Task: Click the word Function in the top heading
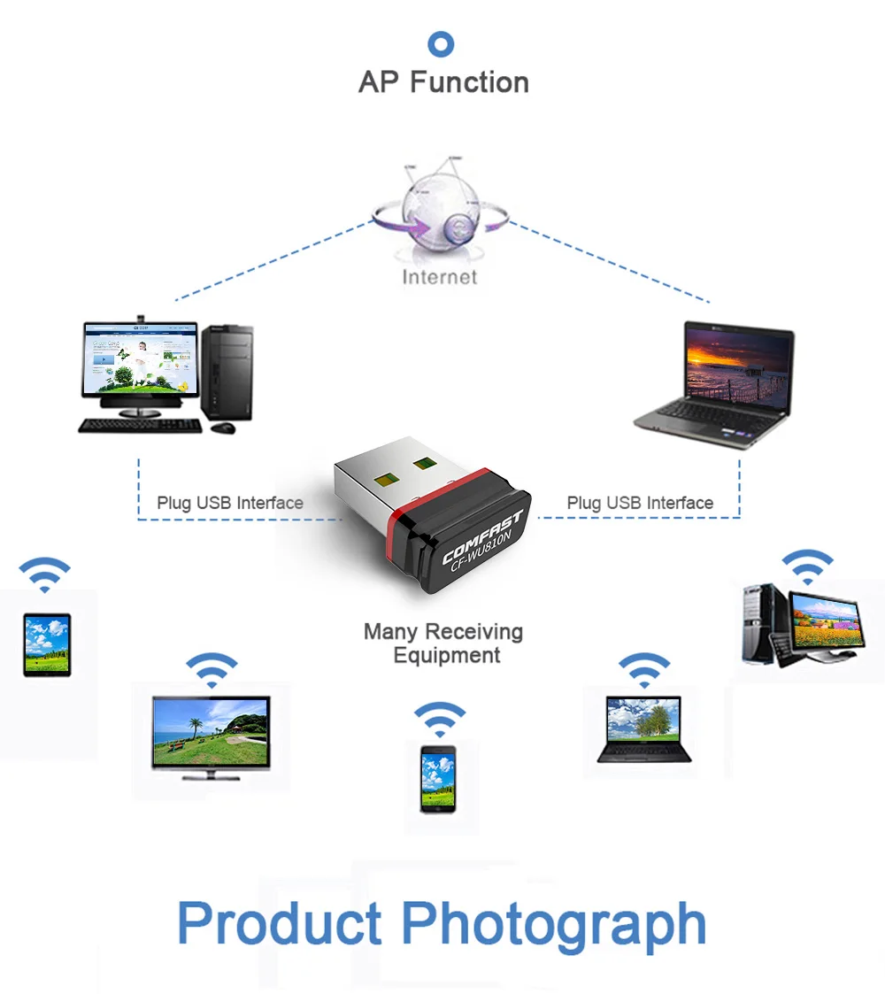pyautogui.click(x=469, y=82)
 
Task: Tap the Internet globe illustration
pyautogui.click(x=441, y=210)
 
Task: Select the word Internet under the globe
pyautogui.click(x=439, y=277)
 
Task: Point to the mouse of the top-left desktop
pyautogui.click(x=223, y=428)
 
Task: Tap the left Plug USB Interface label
pyautogui.click(x=230, y=503)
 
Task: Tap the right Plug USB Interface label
pyautogui.click(x=640, y=503)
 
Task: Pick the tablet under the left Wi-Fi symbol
pyautogui.click(x=47, y=644)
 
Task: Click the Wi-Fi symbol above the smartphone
pyautogui.click(x=439, y=718)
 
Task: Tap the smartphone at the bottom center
pyautogui.click(x=438, y=779)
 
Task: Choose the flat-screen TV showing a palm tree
pyautogui.click(x=212, y=737)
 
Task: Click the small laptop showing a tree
pyautogui.click(x=643, y=729)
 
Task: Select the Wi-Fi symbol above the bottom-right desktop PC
pyautogui.click(x=807, y=566)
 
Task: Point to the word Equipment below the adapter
pyautogui.click(x=447, y=656)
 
